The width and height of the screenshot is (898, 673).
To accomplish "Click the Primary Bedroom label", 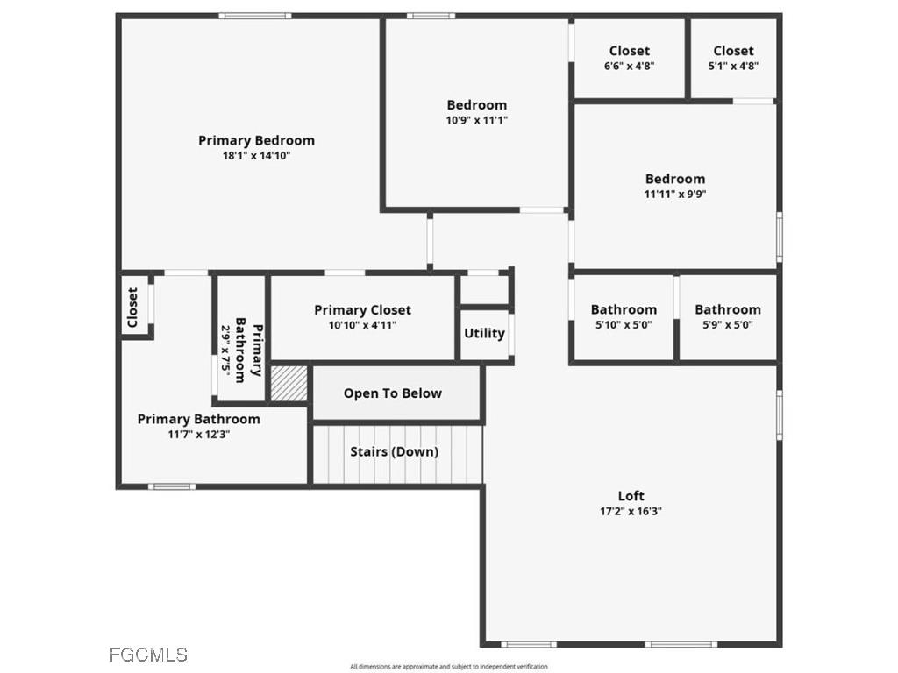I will (x=256, y=140).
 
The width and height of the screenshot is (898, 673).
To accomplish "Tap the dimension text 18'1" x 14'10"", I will (x=256, y=156).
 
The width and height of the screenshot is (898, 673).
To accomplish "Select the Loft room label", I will (x=631, y=496).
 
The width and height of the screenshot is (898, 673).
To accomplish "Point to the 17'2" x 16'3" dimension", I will (x=631, y=512).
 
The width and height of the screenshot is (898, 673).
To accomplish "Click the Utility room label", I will (x=484, y=333).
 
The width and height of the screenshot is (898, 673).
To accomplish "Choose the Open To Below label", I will (x=392, y=393).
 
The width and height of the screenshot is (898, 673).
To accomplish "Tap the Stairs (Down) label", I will (x=394, y=452).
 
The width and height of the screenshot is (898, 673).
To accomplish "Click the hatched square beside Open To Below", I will (x=289, y=384).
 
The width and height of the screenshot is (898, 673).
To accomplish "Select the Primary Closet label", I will (x=362, y=309).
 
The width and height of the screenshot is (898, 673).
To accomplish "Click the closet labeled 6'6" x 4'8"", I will (x=629, y=58).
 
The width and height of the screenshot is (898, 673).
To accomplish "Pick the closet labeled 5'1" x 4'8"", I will (x=733, y=58).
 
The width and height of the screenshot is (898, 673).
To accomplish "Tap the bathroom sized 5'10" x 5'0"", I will (x=623, y=316).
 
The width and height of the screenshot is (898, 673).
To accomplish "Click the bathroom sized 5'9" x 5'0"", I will (x=727, y=316).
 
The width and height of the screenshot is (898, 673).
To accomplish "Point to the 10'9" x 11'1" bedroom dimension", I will (x=476, y=121).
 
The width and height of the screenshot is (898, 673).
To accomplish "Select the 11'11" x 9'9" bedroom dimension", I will (x=674, y=195).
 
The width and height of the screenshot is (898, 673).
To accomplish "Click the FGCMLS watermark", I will (x=148, y=655).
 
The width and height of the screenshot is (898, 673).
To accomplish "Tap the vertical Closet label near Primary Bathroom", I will (x=132, y=308).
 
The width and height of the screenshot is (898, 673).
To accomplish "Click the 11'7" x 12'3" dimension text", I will (x=199, y=435).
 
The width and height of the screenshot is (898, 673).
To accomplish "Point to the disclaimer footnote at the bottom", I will (x=448, y=667).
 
